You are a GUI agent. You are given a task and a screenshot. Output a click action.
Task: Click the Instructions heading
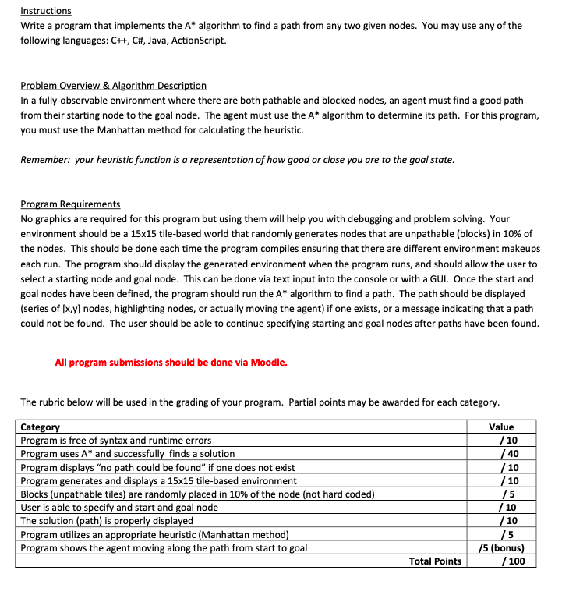point(45,11)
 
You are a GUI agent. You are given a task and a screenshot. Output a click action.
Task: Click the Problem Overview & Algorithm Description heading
point(113,85)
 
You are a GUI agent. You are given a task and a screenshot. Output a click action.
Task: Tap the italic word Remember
point(44,160)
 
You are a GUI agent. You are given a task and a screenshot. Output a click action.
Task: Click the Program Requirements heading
point(70,204)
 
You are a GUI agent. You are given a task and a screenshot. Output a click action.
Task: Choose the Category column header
point(40,427)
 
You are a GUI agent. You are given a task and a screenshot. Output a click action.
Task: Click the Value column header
point(501,427)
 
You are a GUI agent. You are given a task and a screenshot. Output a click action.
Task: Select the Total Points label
point(435,561)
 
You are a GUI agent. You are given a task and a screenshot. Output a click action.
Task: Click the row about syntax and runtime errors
point(115,440)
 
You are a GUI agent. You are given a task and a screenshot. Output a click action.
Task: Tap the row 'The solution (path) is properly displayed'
point(107,520)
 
